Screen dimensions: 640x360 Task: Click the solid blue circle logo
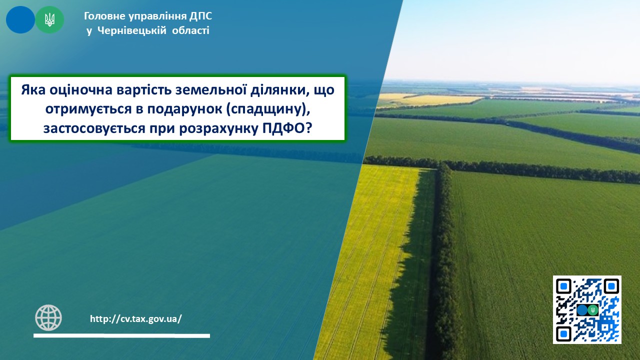coord(20,19)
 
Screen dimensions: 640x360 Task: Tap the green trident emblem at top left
coord(49,19)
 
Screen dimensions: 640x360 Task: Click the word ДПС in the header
coord(200,16)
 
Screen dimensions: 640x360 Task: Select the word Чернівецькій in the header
coord(131,30)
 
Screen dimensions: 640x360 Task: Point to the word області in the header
coord(190,30)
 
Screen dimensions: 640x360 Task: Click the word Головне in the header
coord(104,16)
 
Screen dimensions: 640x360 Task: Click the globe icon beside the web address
coord(48,317)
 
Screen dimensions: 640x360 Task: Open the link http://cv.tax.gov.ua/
coord(136,319)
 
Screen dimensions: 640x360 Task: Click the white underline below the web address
coord(121,335)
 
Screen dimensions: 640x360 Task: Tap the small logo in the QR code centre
coord(587,310)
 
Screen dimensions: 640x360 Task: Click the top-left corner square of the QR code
coord(563,286)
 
